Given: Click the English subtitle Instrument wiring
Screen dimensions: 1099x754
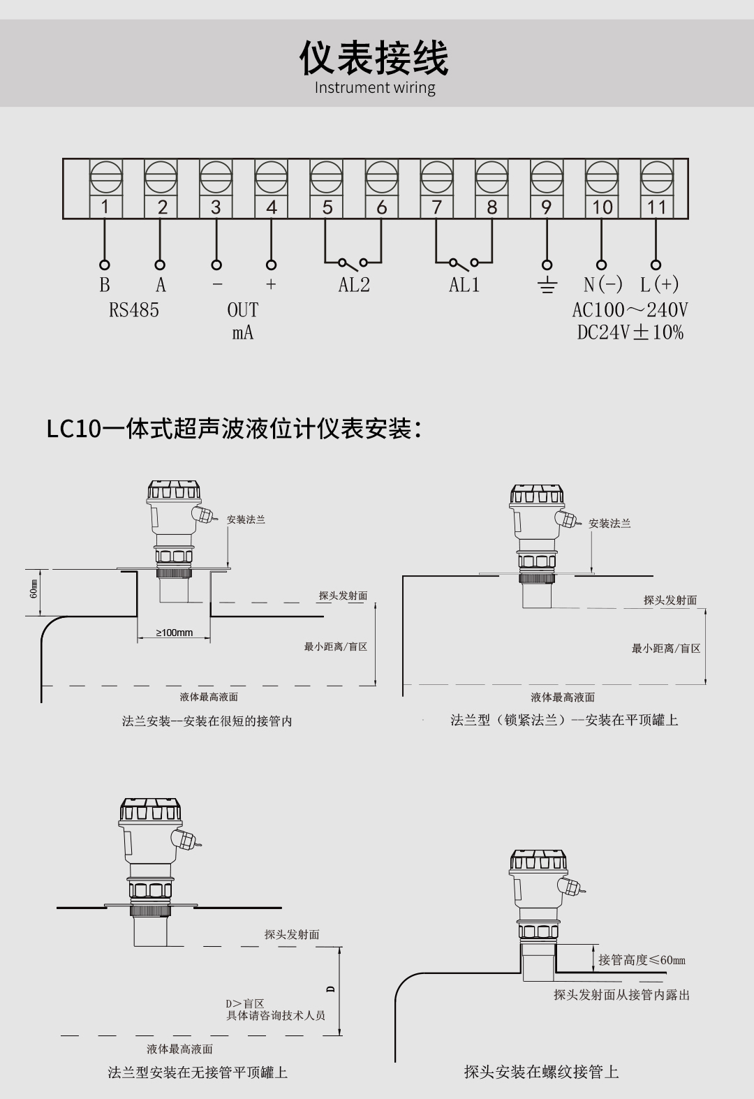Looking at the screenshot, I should click(375, 88).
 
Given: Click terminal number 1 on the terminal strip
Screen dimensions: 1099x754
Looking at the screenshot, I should click(105, 207).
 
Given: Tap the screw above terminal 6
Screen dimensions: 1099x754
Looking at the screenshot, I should click(381, 177).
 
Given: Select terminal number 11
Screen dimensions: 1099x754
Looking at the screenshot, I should click(656, 207).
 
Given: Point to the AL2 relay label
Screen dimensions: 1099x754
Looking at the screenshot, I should click(354, 285).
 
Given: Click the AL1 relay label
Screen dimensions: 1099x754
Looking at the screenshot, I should click(464, 285).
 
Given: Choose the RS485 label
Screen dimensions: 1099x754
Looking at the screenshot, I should click(134, 310).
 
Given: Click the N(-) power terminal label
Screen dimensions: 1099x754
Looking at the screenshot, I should click(603, 285).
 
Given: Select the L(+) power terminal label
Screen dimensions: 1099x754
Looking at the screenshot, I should click(659, 285).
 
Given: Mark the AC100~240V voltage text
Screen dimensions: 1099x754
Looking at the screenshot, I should click(630, 310).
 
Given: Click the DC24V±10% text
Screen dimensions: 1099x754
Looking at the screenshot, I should click(630, 332).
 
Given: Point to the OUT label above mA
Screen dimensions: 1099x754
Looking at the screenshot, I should click(243, 310).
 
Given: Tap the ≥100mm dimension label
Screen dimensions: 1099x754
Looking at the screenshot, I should click(174, 633).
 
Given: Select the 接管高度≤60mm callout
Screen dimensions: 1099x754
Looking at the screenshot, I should click(642, 960).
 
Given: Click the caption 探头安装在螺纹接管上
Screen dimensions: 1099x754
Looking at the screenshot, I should click(541, 1072).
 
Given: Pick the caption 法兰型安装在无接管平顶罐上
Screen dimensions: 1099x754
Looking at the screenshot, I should click(198, 1072).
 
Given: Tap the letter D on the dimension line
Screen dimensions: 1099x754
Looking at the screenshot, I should click(331, 989).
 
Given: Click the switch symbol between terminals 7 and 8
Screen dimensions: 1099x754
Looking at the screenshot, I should click(464, 263).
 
